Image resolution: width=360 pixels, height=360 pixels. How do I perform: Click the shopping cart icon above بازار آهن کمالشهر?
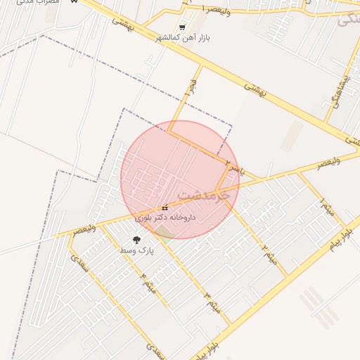pyautogui.click(x=183, y=27)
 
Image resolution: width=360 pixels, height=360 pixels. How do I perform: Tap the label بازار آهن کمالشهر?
pyautogui.click(x=183, y=37)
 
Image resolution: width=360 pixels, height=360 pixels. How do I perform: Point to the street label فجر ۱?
pyautogui.click(x=190, y=88)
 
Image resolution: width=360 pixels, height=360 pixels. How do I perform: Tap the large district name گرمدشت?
pyautogui.click(x=204, y=192)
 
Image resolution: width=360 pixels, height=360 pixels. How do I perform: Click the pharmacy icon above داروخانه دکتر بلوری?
pyautogui.click(x=165, y=207)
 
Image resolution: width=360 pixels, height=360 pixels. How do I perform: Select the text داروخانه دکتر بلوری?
pyautogui.click(x=165, y=217)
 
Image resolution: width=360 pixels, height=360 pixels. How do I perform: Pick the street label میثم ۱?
pyautogui.click(x=325, y=207)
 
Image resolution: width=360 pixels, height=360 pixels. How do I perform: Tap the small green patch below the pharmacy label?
pyautogui.click(x=163, y=231)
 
